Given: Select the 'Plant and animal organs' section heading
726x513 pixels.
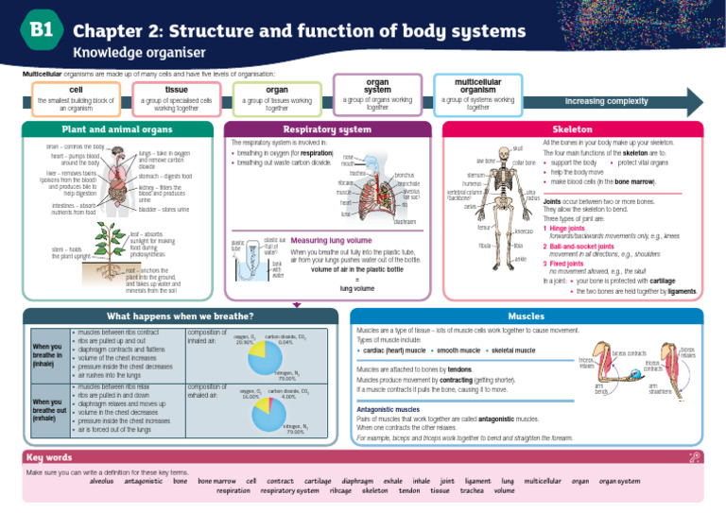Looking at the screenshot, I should pos(110,128).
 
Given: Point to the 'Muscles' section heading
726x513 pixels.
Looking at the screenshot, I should pos(526,316).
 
